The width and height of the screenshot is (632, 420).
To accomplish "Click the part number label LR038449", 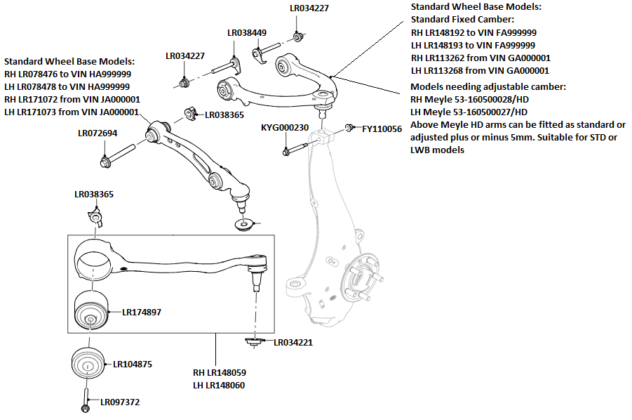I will (246, 32).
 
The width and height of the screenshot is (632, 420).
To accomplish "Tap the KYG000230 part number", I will (285, 128).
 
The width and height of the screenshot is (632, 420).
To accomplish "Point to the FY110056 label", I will (382, 129).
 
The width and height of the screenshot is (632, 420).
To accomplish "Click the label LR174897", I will (141, 312).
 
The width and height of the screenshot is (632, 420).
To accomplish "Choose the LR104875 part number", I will (133, 365).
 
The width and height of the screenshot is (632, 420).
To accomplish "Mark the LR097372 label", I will (120, 402).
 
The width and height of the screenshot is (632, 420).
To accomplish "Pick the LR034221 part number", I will (293, 343).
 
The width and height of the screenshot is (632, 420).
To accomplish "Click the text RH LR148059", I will (220, 372).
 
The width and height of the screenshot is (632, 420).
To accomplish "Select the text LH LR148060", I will (220, 386).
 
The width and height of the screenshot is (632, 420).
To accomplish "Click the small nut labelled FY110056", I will (349, 129).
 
